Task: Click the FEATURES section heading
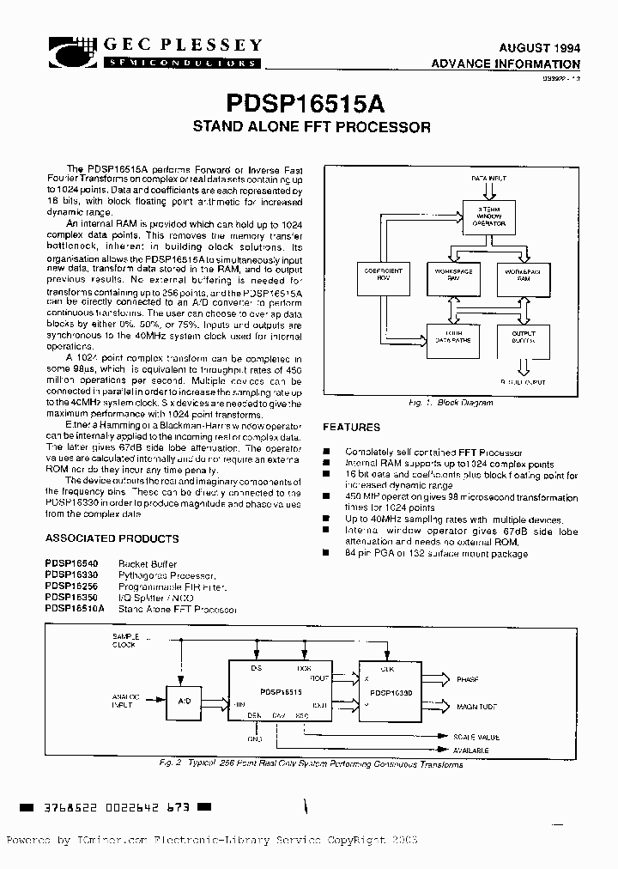click(x=351, y=428)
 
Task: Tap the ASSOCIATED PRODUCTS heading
click(x=112, y=539)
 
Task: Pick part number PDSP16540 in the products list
click(x=72, y=564)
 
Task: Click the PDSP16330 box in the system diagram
click(x=390, y=690)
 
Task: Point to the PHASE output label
click(x=468, y=679)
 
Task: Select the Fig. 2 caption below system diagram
click(x=311, y=764)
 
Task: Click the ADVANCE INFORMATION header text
click(x=506, y=64)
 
